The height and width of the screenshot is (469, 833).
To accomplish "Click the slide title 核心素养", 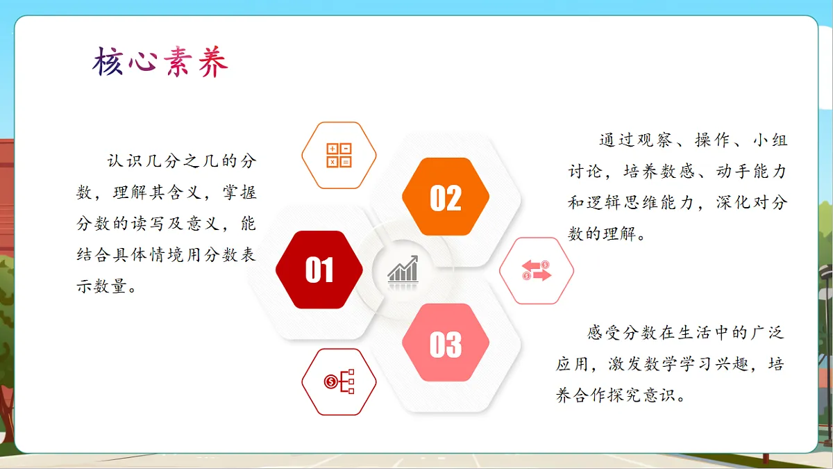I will coord(160,63).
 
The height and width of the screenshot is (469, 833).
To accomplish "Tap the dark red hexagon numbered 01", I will coord(319,270).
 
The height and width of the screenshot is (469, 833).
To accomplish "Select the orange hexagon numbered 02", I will coord(446,197).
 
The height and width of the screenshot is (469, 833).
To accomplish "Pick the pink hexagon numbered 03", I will coord(446,343).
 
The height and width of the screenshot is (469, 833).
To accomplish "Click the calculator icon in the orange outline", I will coord(339,156).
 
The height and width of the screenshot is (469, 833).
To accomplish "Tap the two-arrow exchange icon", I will coord(536,271).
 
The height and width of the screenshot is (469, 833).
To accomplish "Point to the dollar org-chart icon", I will coord(339,381).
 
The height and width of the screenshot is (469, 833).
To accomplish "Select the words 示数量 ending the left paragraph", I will coord(101,286).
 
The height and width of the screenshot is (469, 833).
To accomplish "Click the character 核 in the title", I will coord(108,63).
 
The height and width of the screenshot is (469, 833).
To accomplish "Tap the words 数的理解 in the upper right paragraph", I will coord(599,234).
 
